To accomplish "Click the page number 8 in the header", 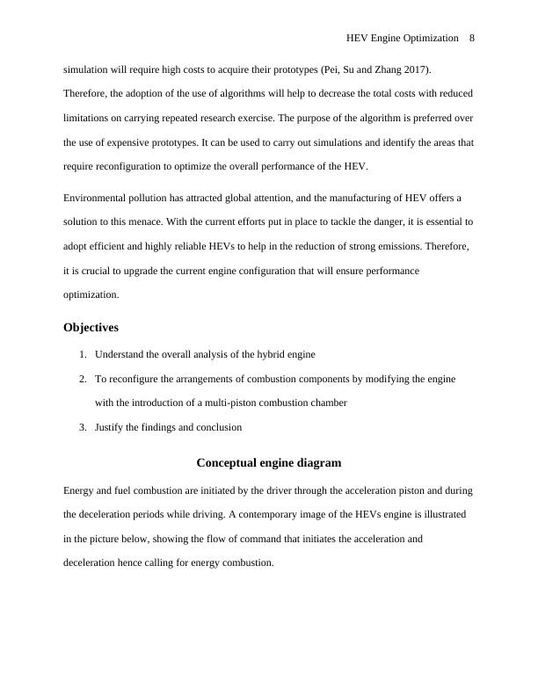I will [x=472, y=39].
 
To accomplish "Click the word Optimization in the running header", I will [x=428, y=39].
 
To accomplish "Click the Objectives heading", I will [x=91, y=328].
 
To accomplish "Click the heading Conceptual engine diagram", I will [x=268, y=462].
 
